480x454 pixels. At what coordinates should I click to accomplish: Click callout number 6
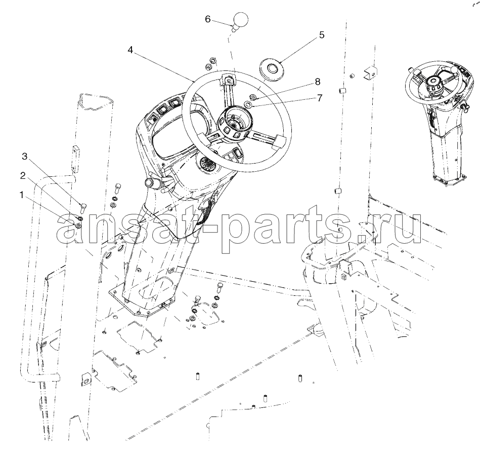click(x=207, y=19)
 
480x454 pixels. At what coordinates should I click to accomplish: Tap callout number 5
click(x=321, y=35)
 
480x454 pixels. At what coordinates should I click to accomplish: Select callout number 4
click(x=130, y=50)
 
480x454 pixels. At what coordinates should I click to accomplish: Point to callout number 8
click(x=318, y=82)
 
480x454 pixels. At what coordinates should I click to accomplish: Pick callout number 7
click(x=319, y=98)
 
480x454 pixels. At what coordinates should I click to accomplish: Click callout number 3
click(x=24, y=157)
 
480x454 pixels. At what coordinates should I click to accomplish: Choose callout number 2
click(x=23, y=175)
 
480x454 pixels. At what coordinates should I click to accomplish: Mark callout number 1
click(x=21, y=195)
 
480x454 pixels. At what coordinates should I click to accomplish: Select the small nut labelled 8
click(x=253, y=97)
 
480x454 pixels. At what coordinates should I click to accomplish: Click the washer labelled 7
click(x=249, y=104)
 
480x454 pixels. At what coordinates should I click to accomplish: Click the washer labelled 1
click(x=78, y=226)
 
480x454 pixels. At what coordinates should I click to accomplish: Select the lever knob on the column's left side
click(x=150, y=182)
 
